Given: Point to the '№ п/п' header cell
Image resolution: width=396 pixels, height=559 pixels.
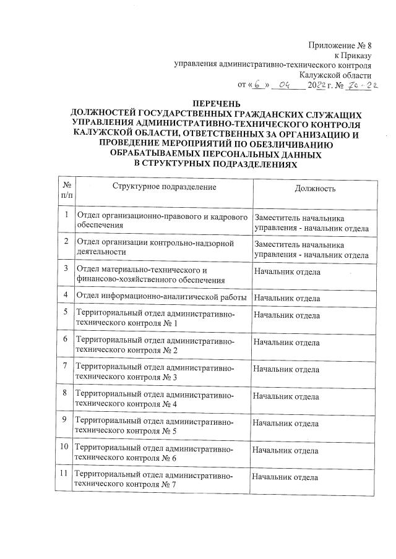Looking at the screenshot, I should (x=66, y=189).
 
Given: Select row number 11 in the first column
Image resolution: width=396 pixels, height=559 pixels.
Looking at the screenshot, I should (x=65, y=474).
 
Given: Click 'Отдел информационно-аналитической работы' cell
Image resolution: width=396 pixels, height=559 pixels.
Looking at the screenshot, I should (x=161, y=297).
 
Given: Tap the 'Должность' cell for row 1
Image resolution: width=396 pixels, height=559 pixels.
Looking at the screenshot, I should (x=312, y=224).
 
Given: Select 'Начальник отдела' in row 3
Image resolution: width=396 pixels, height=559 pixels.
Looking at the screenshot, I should (x=287, y=271).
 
